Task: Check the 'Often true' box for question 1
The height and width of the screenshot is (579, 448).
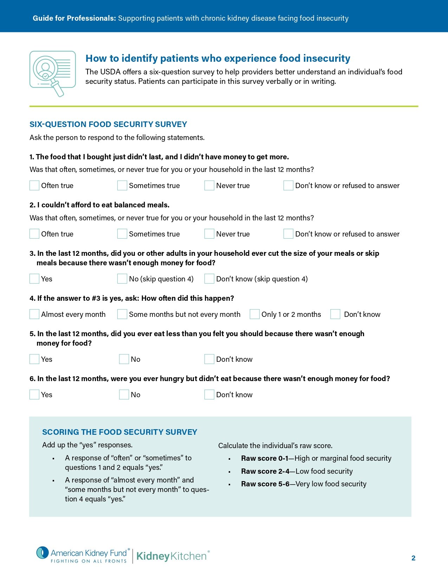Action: tap(34, 185)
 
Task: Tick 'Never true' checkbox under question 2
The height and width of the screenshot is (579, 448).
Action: tap(209, 234)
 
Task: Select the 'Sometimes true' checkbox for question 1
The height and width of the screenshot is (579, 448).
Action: tap(122, 185)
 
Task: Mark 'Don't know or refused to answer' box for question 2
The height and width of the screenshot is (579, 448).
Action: tap(288, 234)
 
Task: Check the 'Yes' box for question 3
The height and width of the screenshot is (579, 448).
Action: tap(34, 279)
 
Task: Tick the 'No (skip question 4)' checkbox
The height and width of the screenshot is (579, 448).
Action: tap(122, 279)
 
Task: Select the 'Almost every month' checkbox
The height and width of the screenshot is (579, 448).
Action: tap(34, 314)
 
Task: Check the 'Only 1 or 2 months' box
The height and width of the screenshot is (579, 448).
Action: tap(255, 314)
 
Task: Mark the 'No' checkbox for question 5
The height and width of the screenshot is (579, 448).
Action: tap(124, 359)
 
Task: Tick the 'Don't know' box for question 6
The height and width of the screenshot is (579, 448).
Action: tap(209, 394)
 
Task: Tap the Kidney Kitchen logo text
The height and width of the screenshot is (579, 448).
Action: tap(171, 556)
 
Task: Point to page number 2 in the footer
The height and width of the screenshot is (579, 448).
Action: tap(414, 558)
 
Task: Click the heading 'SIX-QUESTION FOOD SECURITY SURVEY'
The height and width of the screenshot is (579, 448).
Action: tap(108, 124)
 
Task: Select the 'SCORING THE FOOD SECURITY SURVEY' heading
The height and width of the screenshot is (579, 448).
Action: tap(119, 432)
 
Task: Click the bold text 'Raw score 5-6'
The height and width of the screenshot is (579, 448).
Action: tap(265, 484)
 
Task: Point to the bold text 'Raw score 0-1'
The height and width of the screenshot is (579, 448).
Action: tap(265, 458)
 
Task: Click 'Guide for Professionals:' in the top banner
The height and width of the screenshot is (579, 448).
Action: tap(74, 18)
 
